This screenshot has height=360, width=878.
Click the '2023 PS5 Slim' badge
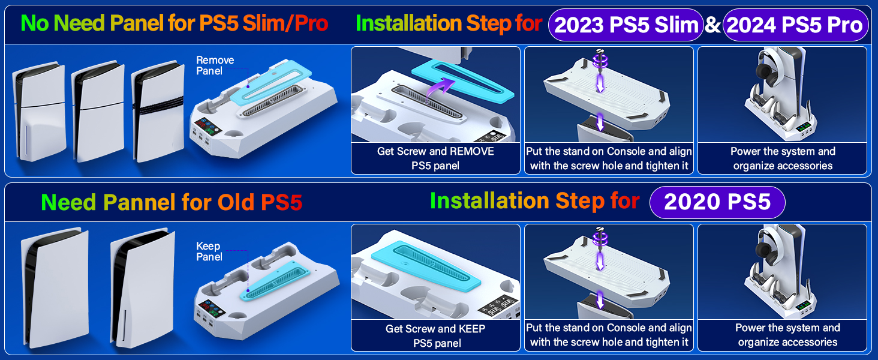click(627, 25)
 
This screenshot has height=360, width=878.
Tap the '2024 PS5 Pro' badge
click(795, 25)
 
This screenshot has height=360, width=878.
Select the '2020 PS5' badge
click(717, 202)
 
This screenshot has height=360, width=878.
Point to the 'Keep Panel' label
click(209, 251)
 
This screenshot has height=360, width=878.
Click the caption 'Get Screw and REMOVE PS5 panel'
click(435, 158)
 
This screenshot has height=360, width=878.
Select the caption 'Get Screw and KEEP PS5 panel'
click(435, 336)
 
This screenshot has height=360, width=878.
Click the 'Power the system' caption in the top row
click(783, 158)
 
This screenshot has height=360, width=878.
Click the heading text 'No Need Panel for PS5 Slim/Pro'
click(175, 23)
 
